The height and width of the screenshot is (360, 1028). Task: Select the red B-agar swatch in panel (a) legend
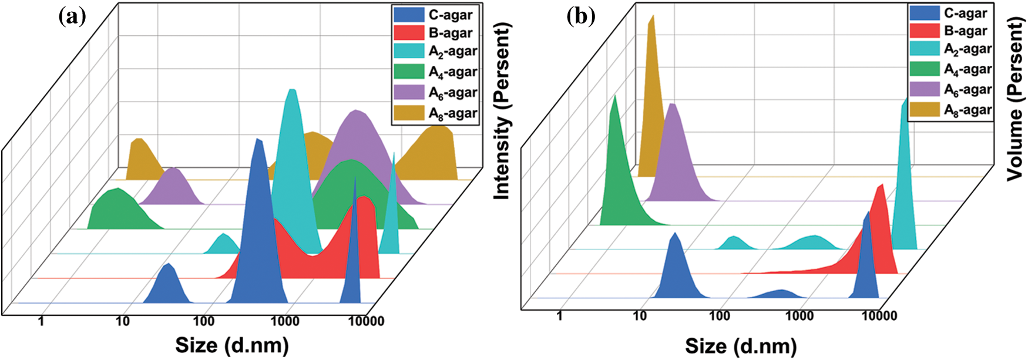409,33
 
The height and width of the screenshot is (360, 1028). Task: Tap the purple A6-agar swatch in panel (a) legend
409,92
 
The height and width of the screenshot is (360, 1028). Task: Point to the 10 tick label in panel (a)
122,321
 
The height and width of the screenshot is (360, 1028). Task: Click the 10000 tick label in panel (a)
365,321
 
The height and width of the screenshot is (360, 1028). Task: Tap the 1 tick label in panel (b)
559,316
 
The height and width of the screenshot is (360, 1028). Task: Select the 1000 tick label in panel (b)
799,316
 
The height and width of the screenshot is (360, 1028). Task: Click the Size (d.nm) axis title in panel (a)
231,345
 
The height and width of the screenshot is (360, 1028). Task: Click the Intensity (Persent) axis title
502,112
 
